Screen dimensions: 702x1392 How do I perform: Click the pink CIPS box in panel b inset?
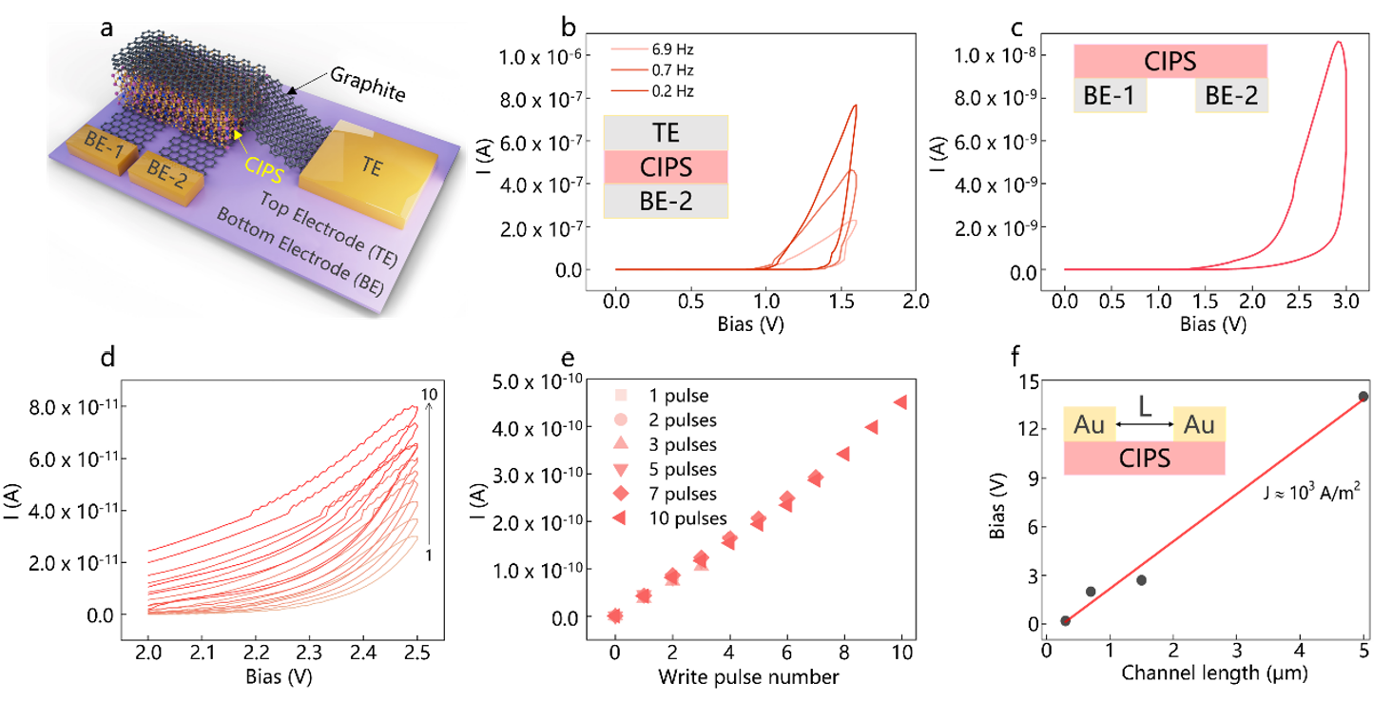coord(666,167)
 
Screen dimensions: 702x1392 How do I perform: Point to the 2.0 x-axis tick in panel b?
coord(914,301)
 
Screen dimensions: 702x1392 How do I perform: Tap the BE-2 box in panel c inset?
coord(1231,96)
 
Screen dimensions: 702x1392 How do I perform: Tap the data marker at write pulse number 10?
coord(900,402)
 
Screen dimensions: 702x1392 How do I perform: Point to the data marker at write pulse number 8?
coord(842,454)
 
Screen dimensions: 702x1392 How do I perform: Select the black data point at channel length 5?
coord(1363,396)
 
